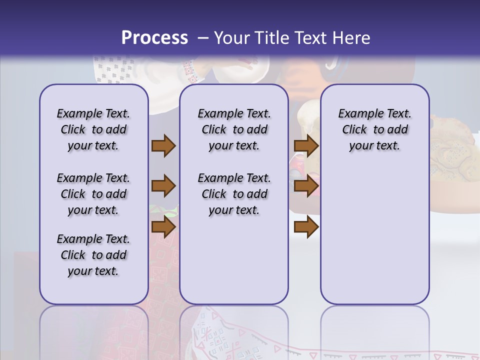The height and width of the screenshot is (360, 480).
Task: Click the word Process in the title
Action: (x=154, y=38)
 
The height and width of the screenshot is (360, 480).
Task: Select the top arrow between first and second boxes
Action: (x=163, y=146)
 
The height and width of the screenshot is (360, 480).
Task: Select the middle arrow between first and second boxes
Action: (x=163, y=186)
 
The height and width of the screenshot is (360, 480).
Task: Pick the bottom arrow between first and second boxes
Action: (x=163, y=227)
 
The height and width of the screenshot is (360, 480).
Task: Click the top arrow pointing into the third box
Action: (x=306, y=146)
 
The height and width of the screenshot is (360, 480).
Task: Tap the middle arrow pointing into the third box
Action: (x=306, y=186)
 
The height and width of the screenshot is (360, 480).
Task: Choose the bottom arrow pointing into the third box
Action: (x=306, y=227)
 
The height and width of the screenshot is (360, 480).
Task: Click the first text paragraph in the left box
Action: (x=93, y=130)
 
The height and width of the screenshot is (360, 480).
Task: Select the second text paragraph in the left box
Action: (x=93, y=194)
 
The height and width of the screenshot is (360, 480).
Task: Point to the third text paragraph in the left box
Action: (x=93, y=255)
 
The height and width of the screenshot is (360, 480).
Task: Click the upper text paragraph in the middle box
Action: (x=234, y=130)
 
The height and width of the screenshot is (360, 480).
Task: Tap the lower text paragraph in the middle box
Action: (x=234, y=194)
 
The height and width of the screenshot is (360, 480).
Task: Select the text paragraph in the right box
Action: (x=374, y=130)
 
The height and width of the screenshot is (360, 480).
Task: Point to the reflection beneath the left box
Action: (x=93, y=330)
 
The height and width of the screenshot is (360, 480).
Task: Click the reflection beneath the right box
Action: (x=374, y=330)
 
